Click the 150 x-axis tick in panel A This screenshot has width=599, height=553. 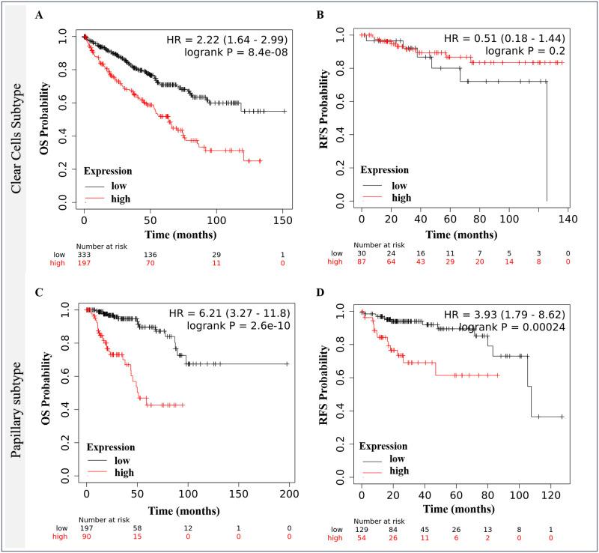[x=283, y=222]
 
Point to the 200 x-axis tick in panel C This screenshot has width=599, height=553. [x=289, y=496]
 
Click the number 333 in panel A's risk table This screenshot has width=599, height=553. [x=85, y=255]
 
